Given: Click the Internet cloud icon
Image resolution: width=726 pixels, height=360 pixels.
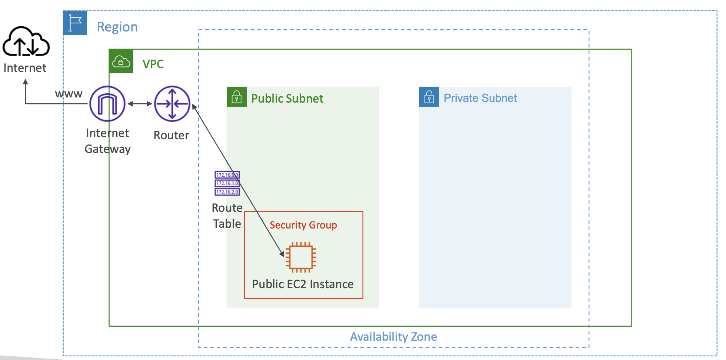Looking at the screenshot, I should [26, 41].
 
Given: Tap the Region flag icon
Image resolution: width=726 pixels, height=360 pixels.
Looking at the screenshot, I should [75, 23].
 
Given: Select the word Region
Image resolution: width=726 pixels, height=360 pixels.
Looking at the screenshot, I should [117, 27].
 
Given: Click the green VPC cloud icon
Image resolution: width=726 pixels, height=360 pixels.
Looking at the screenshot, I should [121, 61].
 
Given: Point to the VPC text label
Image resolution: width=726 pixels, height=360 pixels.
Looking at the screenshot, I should [153, 64].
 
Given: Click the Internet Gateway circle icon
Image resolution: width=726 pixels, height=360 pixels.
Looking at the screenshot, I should [107, 104].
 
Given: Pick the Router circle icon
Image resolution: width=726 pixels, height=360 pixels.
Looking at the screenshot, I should [172, 104].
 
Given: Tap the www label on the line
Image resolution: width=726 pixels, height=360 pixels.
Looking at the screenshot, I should [69, 94].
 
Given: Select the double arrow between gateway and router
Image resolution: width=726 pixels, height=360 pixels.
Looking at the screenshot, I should [140, 104].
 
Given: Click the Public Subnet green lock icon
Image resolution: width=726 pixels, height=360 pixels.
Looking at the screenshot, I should [237, 97].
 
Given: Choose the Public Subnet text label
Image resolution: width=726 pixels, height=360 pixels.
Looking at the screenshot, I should [287, 99].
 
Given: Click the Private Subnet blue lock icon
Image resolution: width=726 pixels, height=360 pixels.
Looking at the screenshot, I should [429, 97].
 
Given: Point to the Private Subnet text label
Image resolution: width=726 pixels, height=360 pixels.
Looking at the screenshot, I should [480, 98].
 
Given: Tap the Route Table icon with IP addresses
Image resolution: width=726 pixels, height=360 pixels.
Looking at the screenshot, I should [227, 183].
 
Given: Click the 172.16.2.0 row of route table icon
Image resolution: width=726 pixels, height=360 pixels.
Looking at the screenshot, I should [227, 192].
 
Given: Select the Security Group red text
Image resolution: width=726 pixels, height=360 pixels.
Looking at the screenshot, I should [303, 225].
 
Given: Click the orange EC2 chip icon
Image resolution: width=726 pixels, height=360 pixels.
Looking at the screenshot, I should [301, 257].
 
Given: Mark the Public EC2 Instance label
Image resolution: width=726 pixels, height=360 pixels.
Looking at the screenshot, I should [303, 284].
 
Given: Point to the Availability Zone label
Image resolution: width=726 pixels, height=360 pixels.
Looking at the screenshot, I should [393, 337].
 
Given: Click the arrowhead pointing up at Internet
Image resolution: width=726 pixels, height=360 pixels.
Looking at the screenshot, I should [26, 82].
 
